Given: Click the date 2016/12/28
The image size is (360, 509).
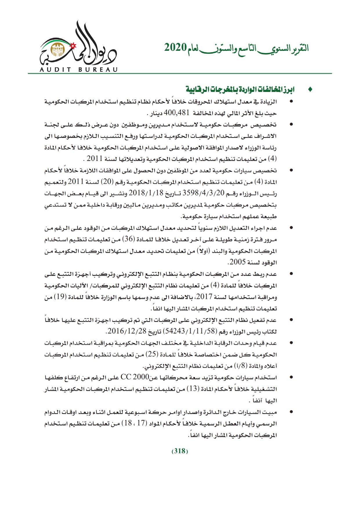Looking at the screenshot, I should [124, 331].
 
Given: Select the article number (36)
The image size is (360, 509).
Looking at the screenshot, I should [128, 240].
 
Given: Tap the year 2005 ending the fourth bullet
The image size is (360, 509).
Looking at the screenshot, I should [237, 262].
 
